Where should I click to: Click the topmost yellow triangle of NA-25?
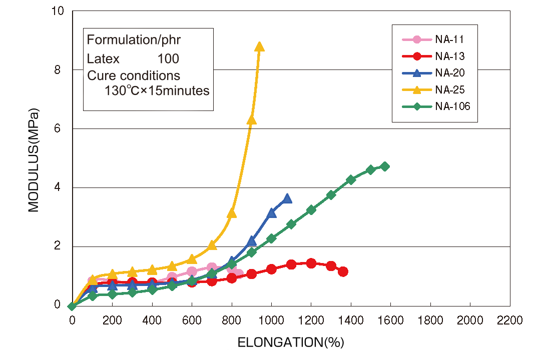click(x=259, y=47)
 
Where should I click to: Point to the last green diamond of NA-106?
click(x=384, y=166)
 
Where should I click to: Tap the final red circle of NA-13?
click(x=343, y=271)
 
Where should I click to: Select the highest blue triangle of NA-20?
click(x=287, y=199)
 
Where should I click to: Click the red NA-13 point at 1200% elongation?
click(x=311, y=263)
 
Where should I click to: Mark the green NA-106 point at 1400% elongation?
click(x=351, y=180)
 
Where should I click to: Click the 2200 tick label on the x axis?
click(x=510, y=320)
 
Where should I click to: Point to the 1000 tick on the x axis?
click(x=271, y=320)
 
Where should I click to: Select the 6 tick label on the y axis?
click(x=58, y=128)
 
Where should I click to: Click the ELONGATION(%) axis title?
click(x=291, y=343)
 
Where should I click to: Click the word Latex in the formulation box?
click(x=103, y=59)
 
